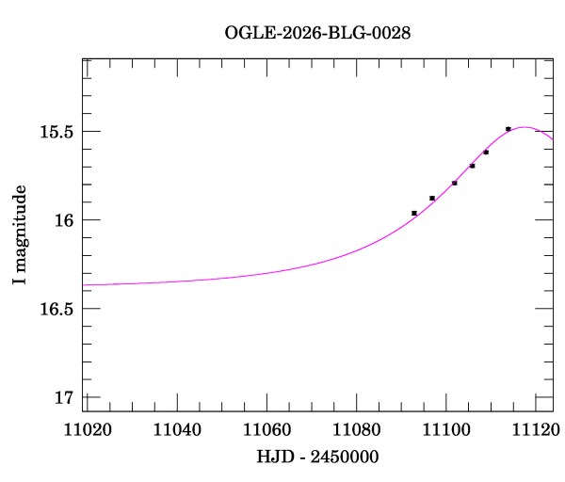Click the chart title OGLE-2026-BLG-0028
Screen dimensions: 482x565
pos(318,33)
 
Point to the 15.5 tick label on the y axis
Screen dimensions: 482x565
pos(57,132)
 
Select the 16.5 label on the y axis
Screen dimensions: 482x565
pos(57,309)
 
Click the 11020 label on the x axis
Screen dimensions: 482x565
pos(83,430)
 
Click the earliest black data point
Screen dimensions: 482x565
pos(414,213)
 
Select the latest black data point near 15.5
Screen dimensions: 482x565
pos(508,129)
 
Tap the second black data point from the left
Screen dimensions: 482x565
pos(432,198)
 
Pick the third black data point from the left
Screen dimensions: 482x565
pos(454,183)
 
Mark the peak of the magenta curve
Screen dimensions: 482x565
pos(525,127)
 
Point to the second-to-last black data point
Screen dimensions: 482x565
pos(486,152)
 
